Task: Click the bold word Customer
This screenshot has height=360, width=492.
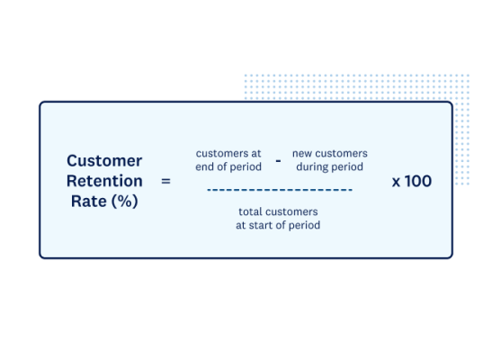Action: pos(104,161)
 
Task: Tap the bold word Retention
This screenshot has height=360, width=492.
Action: pos(104,181)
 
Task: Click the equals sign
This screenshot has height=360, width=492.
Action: pos(165,181)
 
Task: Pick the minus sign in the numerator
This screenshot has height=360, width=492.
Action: pos(278,160)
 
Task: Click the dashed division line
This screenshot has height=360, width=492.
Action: pos(279,190)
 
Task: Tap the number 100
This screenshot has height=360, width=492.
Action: pos(418,181)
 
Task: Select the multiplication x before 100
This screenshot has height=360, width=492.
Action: pos(396,182)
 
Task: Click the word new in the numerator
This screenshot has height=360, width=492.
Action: pos(301,154)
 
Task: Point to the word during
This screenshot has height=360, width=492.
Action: pos(312,166)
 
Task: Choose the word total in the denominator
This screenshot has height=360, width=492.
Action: pos(251,211)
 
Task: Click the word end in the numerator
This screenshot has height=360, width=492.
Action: pos(205,166)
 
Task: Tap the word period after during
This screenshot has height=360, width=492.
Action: pos(347,166)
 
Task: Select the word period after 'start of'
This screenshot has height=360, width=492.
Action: pos(302,224)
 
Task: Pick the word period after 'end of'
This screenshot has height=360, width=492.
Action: pos(245,166)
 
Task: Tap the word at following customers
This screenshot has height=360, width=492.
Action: pos(255,154)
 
